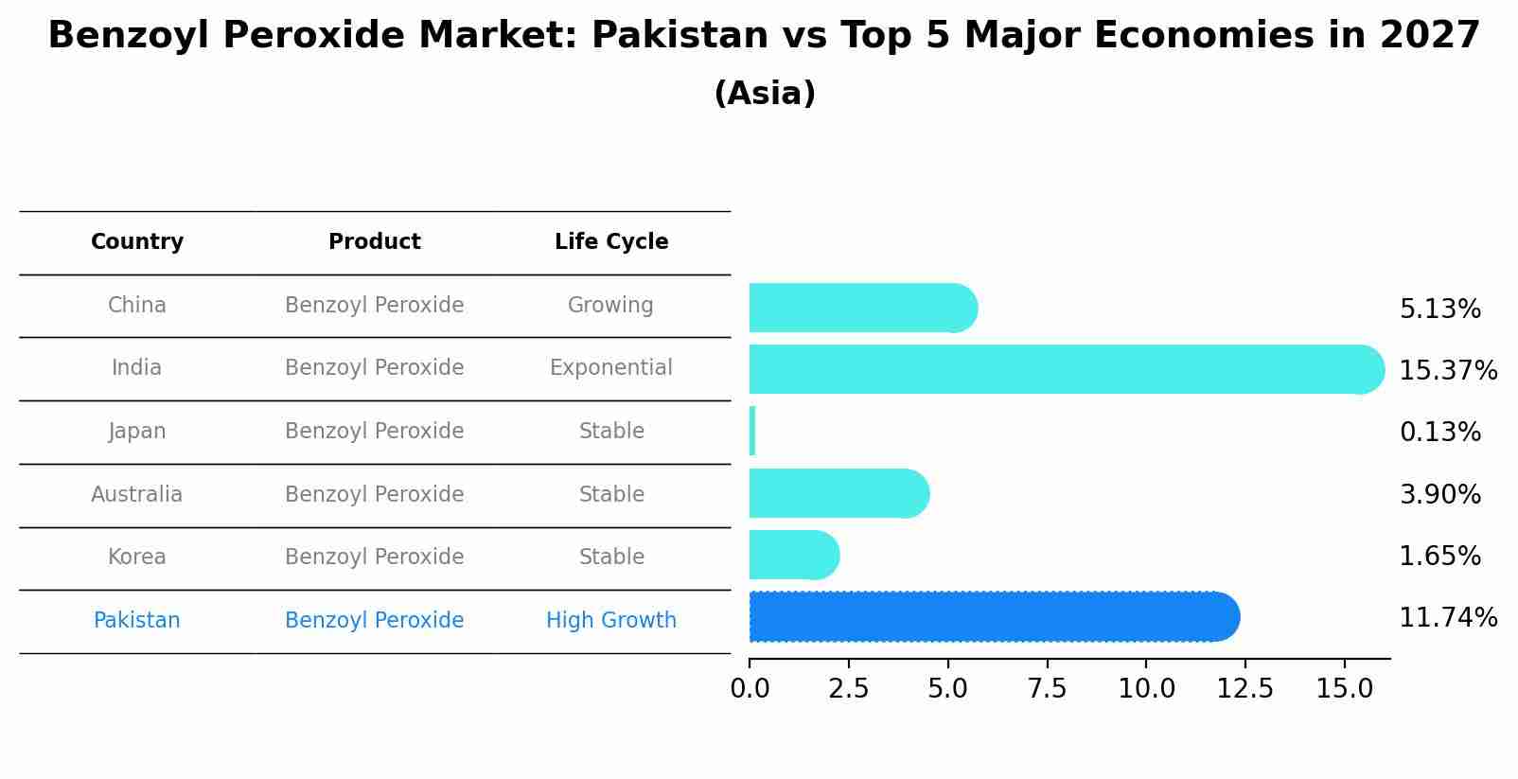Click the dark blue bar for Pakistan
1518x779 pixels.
[994, 617]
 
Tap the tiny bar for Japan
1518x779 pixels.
[752, 432]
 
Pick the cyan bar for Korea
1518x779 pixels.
[793, 556]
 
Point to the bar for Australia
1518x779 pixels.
[838, 494]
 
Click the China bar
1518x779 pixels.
[861, 309]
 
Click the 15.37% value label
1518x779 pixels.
[1447, 370]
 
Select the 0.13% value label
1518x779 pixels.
[1439, 433]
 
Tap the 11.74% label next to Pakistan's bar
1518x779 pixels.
[1447, 618]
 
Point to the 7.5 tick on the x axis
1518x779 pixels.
[1047, 689]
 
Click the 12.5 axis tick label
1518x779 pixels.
[1244, 689]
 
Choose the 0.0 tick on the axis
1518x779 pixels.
[750, 689]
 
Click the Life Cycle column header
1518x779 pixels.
[611, 242]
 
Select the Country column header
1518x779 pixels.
[137, 242]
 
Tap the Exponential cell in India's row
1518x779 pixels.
[611, 368]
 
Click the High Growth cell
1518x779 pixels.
[611, 621]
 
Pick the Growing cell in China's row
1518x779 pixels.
[610, 306]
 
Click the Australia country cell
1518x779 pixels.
[137, 495]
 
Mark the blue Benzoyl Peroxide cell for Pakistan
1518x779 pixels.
[374, 621]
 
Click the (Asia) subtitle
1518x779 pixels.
[765, 94]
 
